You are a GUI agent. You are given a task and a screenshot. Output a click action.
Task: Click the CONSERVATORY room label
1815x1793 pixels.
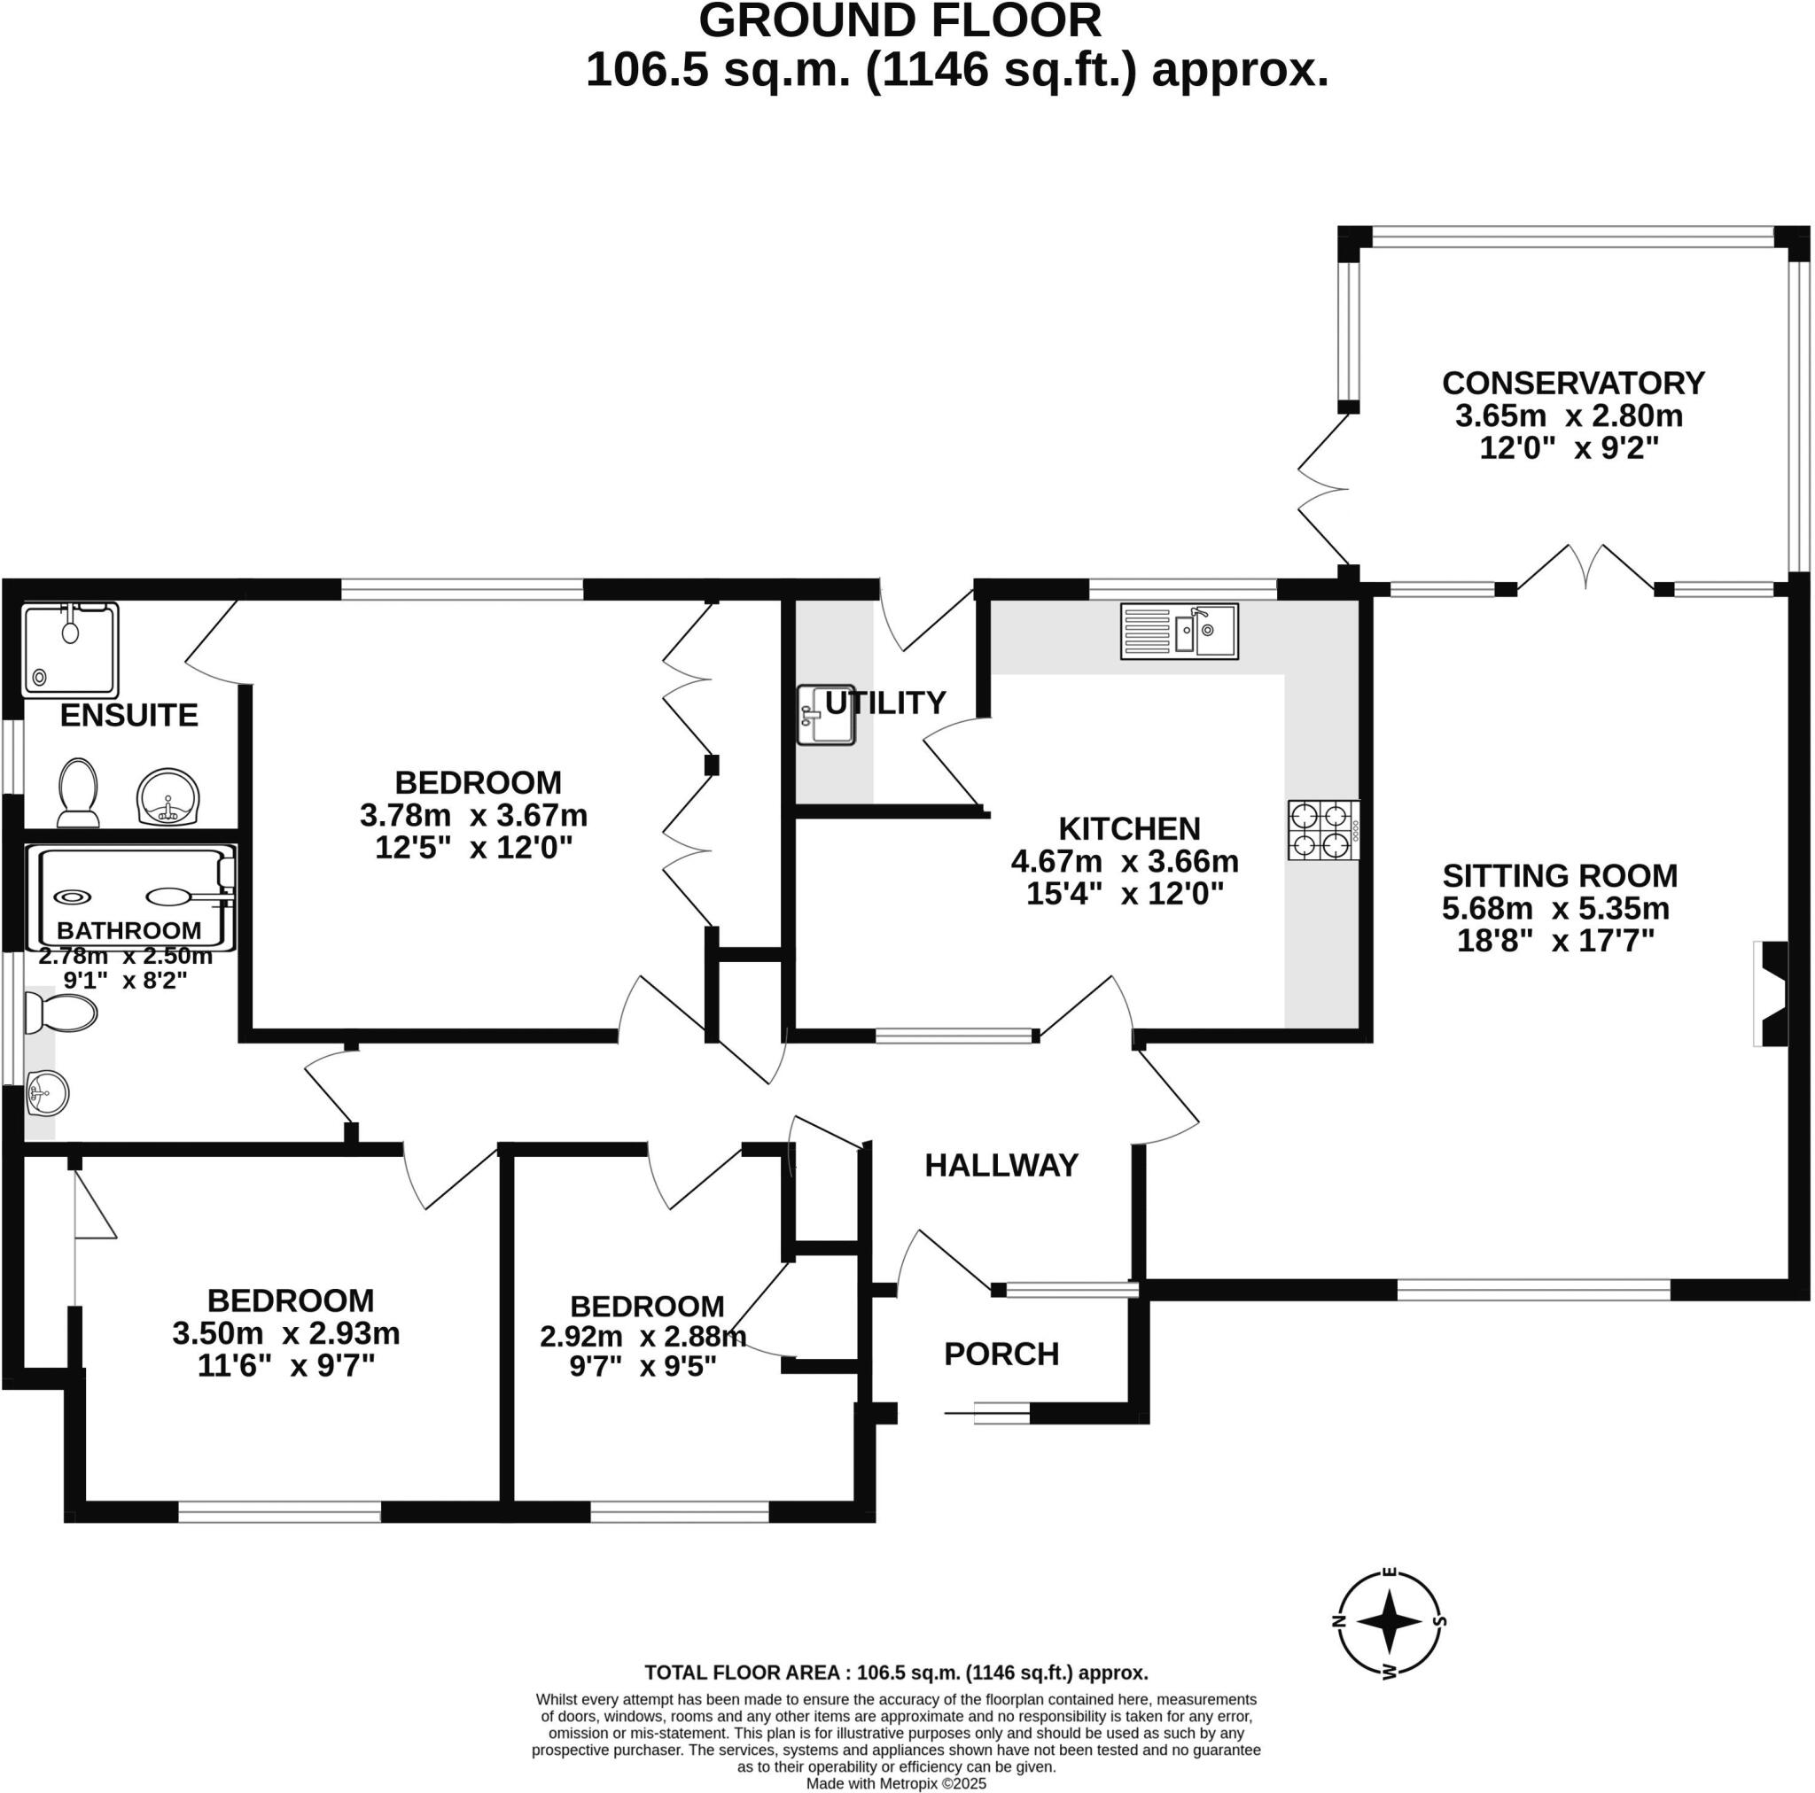click(1573, 384)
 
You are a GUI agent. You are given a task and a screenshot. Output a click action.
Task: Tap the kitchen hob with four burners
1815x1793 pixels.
click(1324, 830)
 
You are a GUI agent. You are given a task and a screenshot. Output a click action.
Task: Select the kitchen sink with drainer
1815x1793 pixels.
click(1179, 631)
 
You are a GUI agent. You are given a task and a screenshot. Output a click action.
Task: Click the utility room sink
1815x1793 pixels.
click(826, 716)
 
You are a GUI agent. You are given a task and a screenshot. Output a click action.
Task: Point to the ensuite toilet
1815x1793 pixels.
click(79, 793)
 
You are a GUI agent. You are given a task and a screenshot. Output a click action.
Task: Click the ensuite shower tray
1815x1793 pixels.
click(71, 650)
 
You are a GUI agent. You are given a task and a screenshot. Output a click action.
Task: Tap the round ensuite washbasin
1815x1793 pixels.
click(168, 797)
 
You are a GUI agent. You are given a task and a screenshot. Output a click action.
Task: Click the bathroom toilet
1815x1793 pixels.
click(61, 1014)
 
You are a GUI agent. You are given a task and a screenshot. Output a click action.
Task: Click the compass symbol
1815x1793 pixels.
click(1390, 1621)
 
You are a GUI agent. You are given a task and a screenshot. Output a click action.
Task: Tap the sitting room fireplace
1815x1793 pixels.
click(1770, 994)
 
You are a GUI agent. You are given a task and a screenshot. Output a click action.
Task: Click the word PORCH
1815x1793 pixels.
click(1001, 1354)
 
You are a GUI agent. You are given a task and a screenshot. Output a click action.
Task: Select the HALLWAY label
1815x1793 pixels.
click(1001, 1166)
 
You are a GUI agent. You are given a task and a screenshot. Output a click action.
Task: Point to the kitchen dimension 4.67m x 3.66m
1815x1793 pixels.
click(1125, 861)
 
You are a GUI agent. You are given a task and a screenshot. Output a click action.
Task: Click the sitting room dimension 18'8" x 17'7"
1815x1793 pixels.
click(1554, 940)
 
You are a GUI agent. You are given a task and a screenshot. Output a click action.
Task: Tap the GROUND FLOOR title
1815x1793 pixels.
click(900, 20)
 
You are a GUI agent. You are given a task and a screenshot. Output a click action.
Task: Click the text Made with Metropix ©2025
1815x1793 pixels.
click(896, 1783)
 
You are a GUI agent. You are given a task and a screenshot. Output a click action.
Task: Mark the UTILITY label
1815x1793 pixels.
click(885, 702)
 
